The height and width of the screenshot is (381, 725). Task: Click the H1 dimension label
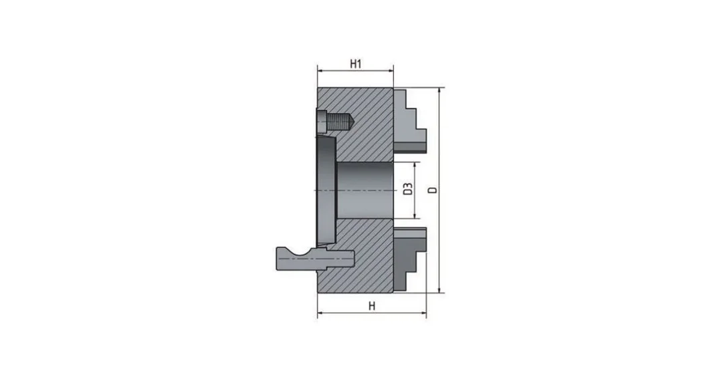pyautogui.click(x=355, y=64)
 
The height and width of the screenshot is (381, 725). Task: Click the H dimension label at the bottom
pyautogui.click(x=372, y=306)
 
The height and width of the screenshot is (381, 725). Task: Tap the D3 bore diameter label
pyautogui.click(x=407, y=189)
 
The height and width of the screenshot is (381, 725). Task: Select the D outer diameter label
pyautogui.click(x=433, y=190)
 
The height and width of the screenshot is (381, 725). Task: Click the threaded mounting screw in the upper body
pyautogui.click(x=336, y=122)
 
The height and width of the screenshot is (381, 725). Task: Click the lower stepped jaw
pyautogui.click(x=409, y=259)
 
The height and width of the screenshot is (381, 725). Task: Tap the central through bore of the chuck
pyautogui.click(x=365, y=190)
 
